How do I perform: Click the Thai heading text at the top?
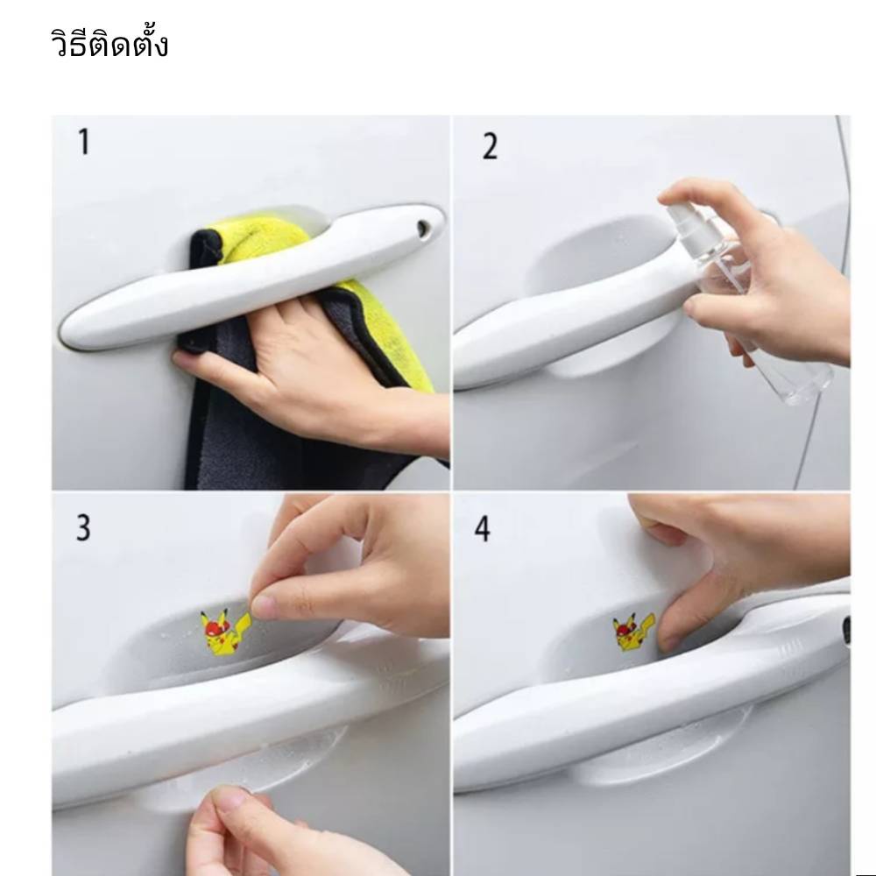point(109,42)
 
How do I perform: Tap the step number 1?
point(84,141)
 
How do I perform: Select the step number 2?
point(490,146)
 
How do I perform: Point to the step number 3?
point(83,528)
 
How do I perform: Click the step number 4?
point(483,528)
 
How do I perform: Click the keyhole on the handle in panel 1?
point(423,228)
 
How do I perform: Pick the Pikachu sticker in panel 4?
point(633,632)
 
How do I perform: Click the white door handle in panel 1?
point(252,277)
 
